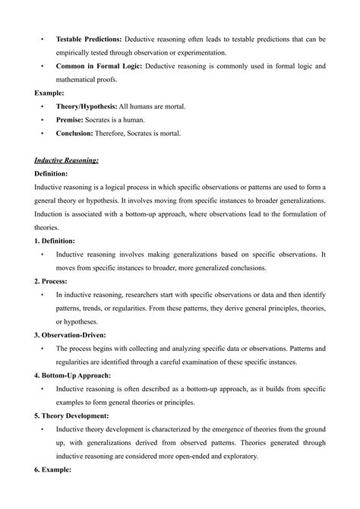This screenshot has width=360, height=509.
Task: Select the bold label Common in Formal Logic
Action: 96,66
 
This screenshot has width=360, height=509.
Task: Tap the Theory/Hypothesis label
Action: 87,106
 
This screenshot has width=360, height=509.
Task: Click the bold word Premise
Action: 71,120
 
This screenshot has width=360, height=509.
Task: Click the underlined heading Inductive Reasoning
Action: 67,160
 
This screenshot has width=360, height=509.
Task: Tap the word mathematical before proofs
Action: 84,80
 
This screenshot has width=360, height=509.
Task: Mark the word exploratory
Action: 236,456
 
